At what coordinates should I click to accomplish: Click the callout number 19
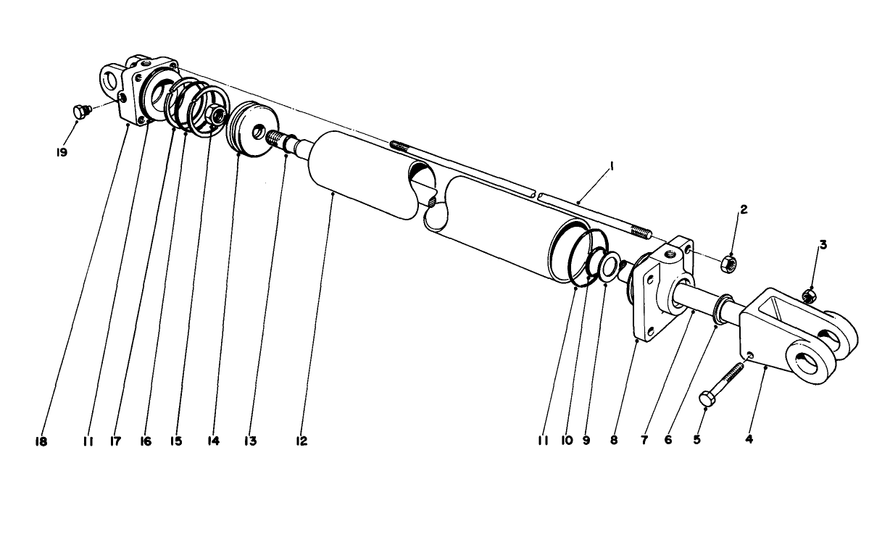[62, 153]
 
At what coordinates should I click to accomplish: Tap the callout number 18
[41, 442]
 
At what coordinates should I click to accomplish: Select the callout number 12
[301, 441]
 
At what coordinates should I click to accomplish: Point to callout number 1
[612, 167]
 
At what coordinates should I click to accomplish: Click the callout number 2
[744, 209]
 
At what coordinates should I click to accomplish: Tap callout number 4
[749, 440]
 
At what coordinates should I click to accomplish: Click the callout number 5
[697, 440]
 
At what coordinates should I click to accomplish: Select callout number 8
[615, 441]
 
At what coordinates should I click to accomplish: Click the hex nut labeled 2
[728, 264]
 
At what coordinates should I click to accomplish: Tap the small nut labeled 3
[810, 296]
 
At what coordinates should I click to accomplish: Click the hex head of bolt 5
[706, 398]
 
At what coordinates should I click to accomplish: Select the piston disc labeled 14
[252, 130]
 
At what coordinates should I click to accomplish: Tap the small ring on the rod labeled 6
[722, 309]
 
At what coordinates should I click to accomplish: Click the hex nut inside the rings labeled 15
[217, 114]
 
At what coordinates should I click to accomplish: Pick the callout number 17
[116, 441]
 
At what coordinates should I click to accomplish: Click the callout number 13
[251, 441]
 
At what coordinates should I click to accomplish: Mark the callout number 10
[567, 441]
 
